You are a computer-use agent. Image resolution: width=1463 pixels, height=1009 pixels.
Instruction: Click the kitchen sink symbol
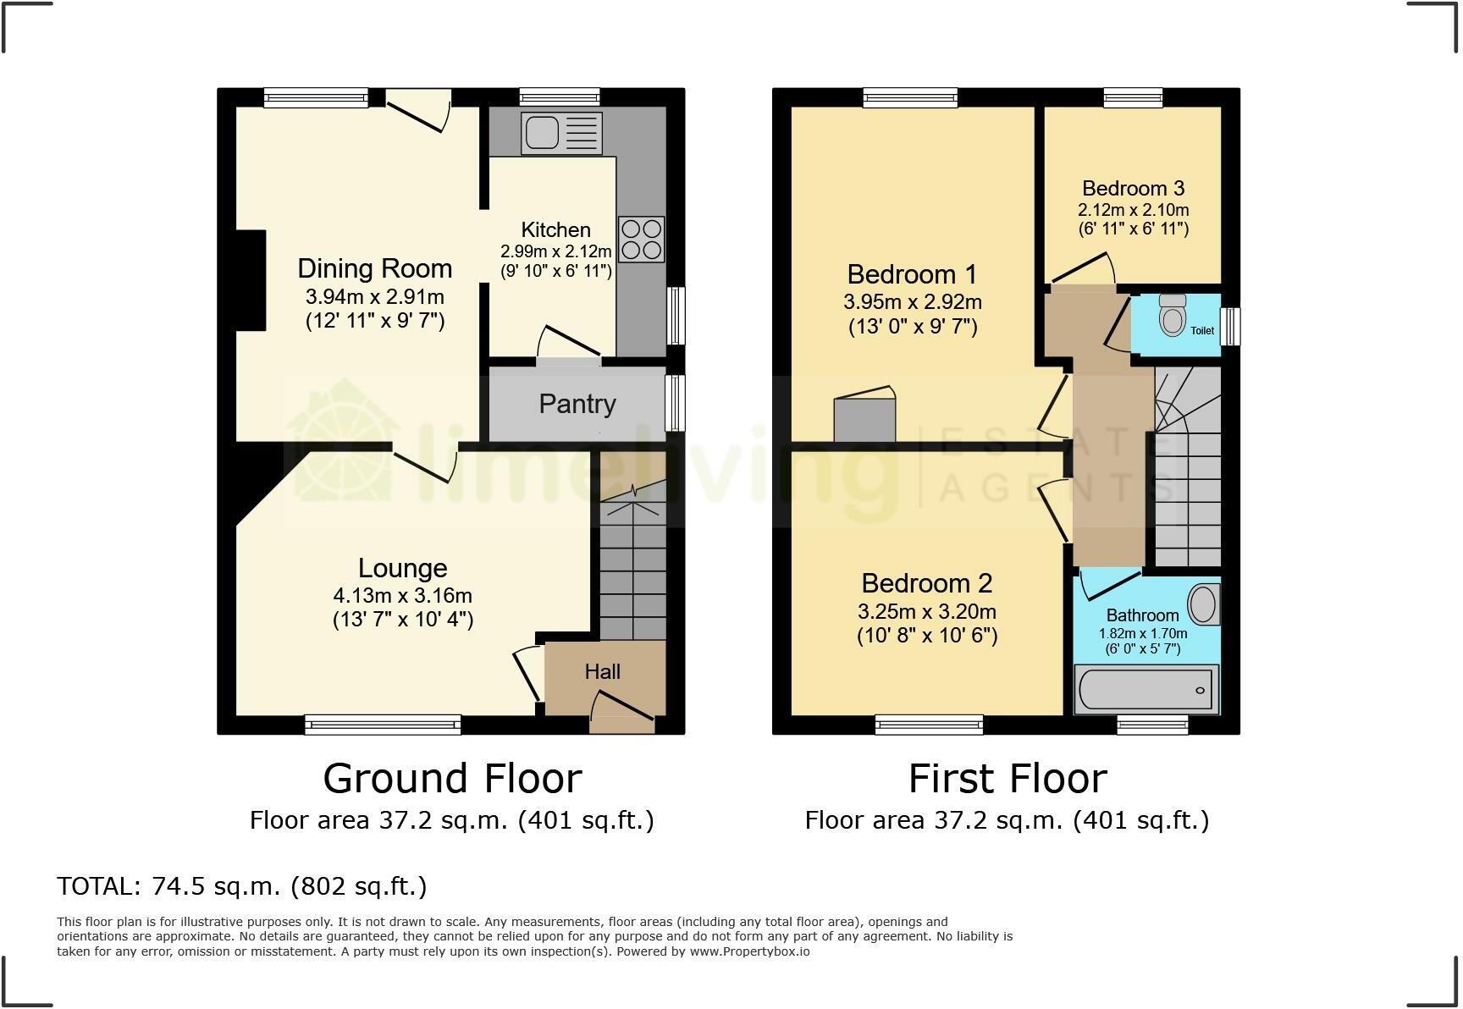(561, 134)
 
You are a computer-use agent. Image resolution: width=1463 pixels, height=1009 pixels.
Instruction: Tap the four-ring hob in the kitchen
(642, 240)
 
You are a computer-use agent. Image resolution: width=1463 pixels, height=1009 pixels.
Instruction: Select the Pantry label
(577, 404)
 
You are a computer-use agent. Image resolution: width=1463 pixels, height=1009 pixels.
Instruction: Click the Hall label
(603, 672)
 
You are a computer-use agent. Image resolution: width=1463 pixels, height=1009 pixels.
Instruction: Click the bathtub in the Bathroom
(1146, 691)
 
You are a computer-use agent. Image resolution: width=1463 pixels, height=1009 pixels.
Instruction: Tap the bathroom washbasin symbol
(1203, 604)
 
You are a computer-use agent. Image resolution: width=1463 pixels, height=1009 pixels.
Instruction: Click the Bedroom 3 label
(1133, 189)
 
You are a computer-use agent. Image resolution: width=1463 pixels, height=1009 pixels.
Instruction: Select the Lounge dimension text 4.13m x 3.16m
(403, 595)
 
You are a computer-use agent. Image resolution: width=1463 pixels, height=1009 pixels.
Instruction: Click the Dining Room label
(375, 268)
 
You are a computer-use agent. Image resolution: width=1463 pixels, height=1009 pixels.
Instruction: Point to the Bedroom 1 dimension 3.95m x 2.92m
(913, 302)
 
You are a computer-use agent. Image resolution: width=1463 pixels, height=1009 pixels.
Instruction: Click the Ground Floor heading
(452, 779)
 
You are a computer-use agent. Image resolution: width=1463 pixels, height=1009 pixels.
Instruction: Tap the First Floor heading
(1008, 779)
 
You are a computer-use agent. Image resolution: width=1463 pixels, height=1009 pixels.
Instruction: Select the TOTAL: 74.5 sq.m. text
(242, 886)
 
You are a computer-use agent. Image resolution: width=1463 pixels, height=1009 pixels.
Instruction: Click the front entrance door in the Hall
(621, 711)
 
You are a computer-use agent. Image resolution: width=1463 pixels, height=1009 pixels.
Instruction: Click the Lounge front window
(383, 724)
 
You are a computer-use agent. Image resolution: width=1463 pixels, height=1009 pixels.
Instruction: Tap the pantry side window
(675, 403)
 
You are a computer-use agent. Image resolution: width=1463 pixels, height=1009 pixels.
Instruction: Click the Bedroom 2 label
(927, 583)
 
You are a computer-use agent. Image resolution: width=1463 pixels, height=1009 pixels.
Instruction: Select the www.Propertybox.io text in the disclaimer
(749, 951)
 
